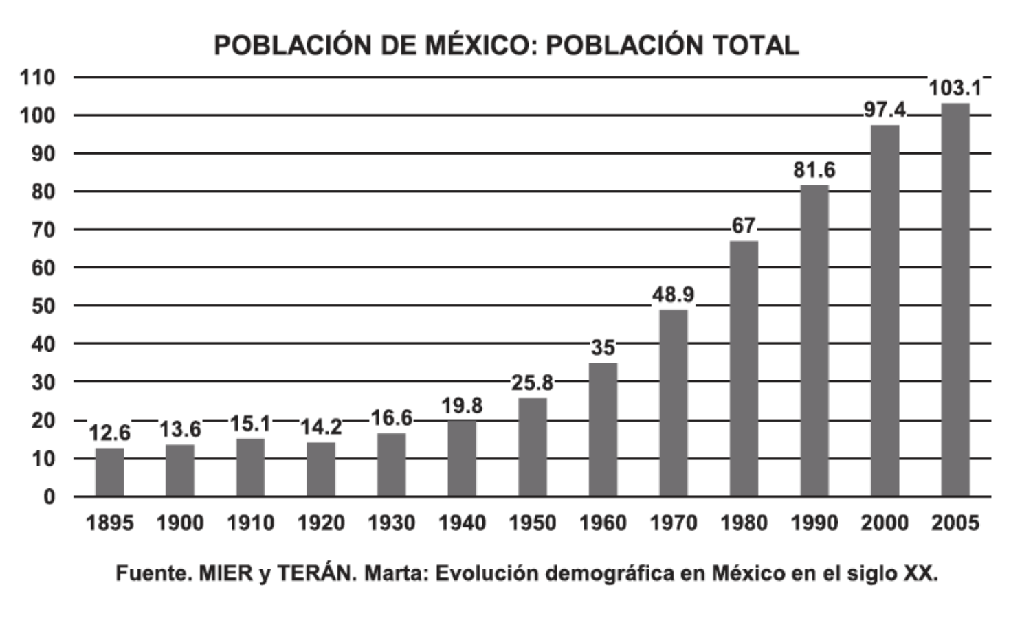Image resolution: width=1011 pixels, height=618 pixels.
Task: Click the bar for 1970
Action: point(673,403)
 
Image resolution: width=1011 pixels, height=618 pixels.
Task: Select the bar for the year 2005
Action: point(955,300)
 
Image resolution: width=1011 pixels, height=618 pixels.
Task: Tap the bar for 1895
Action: point(109,472)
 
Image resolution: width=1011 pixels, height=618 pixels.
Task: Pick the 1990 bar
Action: point(814,341)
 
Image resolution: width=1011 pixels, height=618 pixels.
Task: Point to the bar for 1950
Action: point(532,447)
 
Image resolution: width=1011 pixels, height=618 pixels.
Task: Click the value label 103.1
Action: point(955,89)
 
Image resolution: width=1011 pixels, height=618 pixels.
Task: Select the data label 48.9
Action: point(673,295)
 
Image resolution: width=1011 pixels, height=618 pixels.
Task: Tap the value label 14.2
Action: point(320,427)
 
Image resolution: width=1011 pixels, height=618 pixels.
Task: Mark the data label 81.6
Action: point(814,170)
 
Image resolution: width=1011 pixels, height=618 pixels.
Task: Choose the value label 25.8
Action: point(532,383)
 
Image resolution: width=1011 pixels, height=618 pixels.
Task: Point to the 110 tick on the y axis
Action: point(38,78)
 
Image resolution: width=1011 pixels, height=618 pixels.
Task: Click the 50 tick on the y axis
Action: point(43,306)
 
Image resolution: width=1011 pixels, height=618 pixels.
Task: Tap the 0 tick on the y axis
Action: point(48,496)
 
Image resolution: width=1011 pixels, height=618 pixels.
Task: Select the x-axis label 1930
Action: point(391,523)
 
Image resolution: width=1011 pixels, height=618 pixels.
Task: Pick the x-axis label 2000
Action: point(884,523)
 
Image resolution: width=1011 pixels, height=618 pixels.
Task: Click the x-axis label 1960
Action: point(603,523)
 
